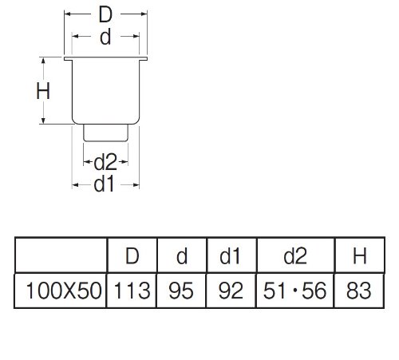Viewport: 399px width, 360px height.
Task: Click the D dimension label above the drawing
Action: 105,15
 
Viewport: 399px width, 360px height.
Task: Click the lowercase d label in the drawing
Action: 105,38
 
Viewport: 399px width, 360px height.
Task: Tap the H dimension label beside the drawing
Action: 43,91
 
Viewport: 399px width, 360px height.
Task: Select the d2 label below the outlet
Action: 105,162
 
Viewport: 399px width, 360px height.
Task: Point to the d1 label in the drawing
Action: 104,184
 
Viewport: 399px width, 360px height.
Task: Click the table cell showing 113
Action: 132,291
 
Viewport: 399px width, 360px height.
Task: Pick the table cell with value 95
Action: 181,291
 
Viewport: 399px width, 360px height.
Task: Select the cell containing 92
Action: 231,291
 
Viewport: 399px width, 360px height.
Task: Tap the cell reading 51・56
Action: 294,291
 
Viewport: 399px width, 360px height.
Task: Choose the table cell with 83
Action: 359,291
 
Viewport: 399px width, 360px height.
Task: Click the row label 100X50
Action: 64,291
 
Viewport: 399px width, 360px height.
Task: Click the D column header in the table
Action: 132,256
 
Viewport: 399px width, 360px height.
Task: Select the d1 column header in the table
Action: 230,256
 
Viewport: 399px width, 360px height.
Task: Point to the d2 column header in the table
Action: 295,256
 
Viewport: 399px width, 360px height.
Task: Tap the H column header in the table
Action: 360,256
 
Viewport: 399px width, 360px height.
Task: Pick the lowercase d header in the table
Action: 182,256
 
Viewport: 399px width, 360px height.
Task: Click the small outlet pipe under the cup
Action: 106,133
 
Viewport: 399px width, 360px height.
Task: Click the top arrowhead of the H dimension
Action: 43,60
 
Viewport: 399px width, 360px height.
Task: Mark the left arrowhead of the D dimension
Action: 68,14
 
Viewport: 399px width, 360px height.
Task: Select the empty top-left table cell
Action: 61,255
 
